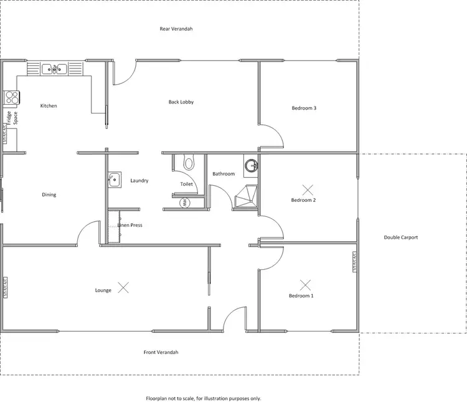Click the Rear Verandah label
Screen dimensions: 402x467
(176, 29)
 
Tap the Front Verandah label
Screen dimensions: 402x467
(161, 352)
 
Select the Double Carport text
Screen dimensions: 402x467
(400, 237)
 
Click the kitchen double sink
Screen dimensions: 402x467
(54, 69)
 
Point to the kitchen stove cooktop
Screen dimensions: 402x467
(12, 97)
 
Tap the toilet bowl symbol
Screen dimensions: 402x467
(189, 163)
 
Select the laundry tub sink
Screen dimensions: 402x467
(114, 179)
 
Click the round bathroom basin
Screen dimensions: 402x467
(251, 166)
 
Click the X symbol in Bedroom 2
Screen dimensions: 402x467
(307, 188)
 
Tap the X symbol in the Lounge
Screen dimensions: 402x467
(124, 287)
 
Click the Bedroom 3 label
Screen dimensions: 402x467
(304, 108)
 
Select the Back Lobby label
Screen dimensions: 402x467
(181, 102)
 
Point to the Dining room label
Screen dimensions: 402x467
(49, 194)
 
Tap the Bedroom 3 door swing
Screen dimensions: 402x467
(272, 135)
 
